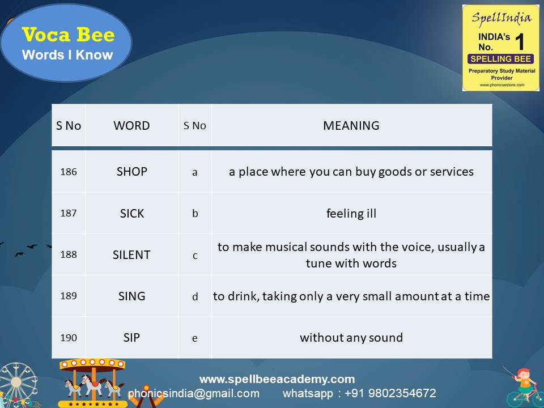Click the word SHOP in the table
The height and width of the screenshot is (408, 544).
tap(131, 172)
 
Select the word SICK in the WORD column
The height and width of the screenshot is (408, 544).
tap(131, 214)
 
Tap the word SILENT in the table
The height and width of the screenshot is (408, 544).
tap(131, 255)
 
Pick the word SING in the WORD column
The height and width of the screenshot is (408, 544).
tap(131, 296)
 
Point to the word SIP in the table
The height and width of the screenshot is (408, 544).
tap(131, 338)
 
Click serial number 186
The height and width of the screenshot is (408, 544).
tap(69, 172)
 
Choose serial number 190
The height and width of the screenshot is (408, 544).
tap(69, 338)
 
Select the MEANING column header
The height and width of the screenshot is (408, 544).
tap(351, 126)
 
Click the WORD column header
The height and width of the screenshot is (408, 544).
tap(131, 126)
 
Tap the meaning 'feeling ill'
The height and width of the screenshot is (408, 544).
tap(351, 214)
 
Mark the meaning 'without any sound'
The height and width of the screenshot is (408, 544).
tap(351, 338)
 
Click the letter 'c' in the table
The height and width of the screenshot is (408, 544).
tap(195, 256)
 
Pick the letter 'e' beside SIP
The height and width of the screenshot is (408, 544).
tap(195, 338)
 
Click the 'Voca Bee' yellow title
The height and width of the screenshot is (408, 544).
tap(68, 35)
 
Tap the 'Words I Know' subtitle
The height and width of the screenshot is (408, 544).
tap(67, 55)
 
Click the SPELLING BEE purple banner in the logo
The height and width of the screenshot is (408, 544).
tap(500, 59)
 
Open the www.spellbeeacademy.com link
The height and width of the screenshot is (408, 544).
tap(277, 379)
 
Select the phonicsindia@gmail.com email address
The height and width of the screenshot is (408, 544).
tap(194, 393)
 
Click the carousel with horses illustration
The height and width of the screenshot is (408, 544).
tap(92, 382)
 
